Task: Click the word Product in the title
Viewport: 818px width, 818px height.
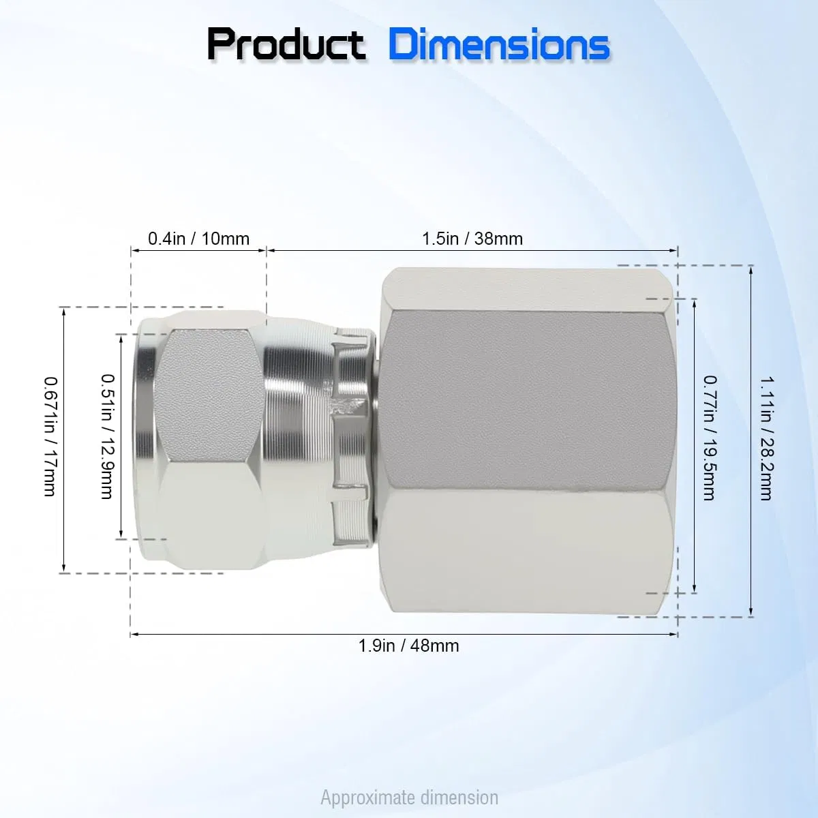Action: point(286,45)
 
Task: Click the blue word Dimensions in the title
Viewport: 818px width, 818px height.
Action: point(499,45)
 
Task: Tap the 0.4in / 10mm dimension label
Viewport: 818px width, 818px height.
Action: point(198,239)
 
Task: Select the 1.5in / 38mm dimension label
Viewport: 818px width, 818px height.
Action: point(472,239)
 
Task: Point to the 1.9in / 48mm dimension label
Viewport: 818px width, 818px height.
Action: point(409,646)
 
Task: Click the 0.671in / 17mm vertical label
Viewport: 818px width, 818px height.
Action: point(50,437)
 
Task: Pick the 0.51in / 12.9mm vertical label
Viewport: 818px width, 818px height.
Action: point(108,436)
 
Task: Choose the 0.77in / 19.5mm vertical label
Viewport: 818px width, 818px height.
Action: point(710,438)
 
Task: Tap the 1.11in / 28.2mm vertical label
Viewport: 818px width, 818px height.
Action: point(767,438)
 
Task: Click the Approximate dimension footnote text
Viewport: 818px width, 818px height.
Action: point(409,798)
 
